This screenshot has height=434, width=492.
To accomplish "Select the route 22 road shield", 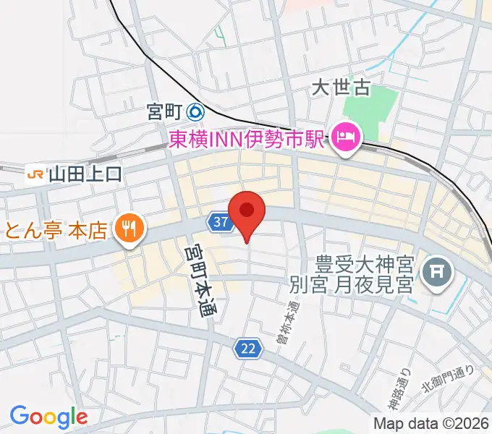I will click(247, 349).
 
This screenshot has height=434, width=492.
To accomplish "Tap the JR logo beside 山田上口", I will click(33, 174).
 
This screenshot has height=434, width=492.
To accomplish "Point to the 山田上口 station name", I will click(85, 174).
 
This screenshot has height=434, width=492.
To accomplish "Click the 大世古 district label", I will click(340, 88).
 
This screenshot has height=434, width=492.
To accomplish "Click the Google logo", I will click(48, 416).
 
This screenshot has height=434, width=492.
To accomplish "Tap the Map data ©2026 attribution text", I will click(431, 423).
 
